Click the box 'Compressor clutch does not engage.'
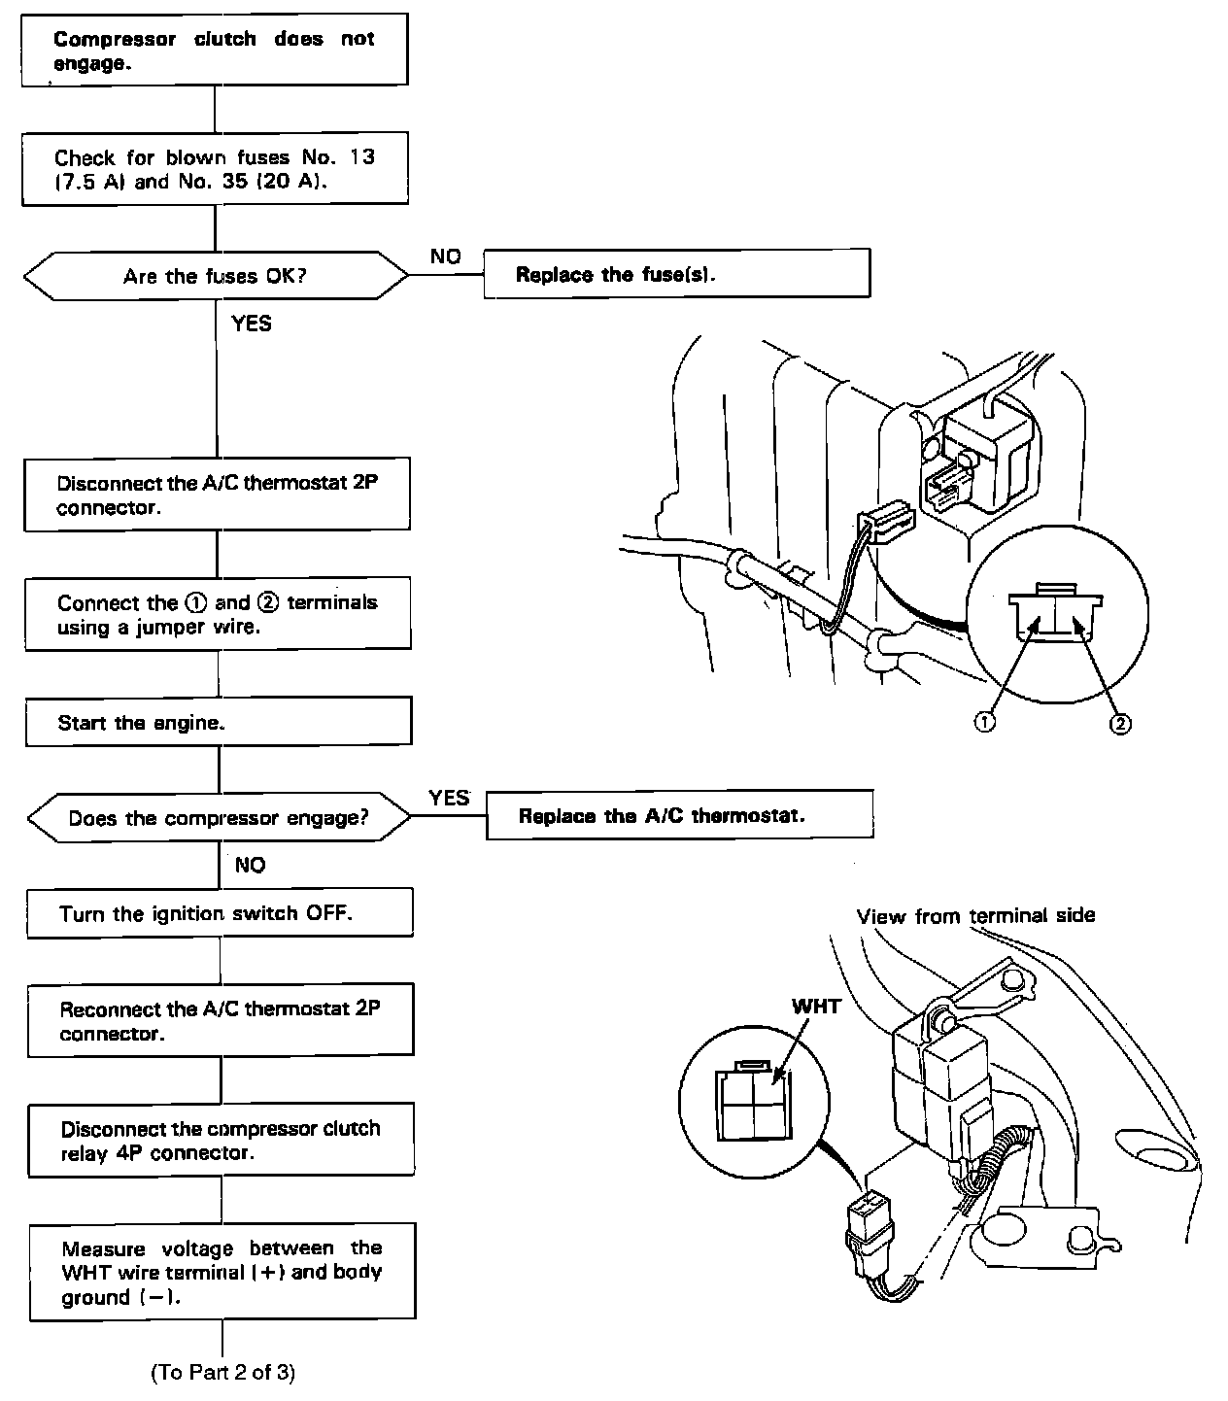(x=214, y=51)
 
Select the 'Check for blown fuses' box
(x=215, y=169)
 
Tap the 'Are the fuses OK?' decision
(x=216, y=277)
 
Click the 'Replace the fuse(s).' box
(x=676, y=274)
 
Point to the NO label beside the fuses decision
(x=445, y=256)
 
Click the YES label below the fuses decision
(x=252, y=324)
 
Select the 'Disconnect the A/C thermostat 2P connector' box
(x=217, y=495)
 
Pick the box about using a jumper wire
(x=218, y=614)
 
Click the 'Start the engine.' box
(x=219, y=723)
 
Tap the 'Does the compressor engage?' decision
(x=220, y=818)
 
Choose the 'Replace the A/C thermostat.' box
(x=678, y=815)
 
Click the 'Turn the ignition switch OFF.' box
(x=220, y=913)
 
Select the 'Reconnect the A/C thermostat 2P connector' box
(x=221, y=1020)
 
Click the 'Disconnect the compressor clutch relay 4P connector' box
(x=222, y=1141)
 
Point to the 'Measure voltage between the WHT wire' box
(x=222, y=1272)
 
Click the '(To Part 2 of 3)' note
(x=222, y=1372)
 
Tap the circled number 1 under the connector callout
(x=984, y=722)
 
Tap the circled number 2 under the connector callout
(x=1120, y=724)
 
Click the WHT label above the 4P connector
(x=816, y=1007)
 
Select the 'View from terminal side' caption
(x=975, y=915)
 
